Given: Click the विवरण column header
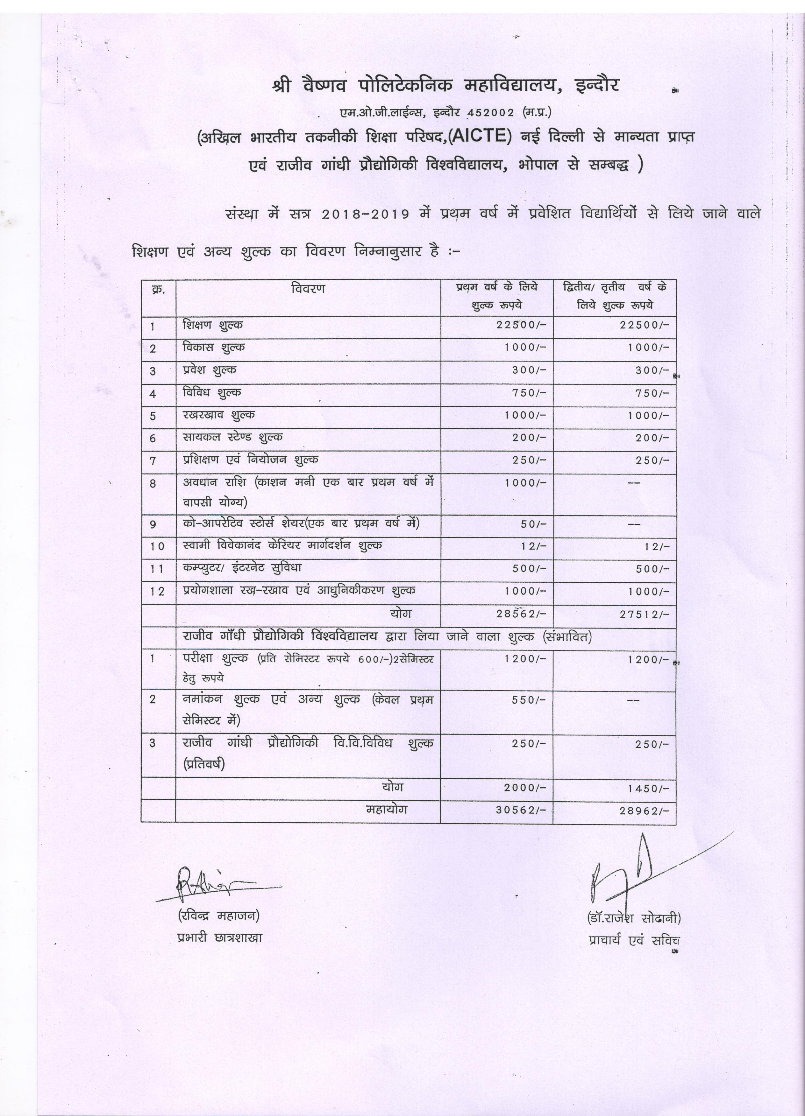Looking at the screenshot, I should (x=307, y=288).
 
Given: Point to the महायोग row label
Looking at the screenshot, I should (x=387, y=809).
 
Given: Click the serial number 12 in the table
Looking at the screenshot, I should (x=158, y=592).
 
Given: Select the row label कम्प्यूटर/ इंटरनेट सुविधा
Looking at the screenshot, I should (x=242, y=568).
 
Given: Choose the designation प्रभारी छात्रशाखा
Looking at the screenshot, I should (x=220, y=937).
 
